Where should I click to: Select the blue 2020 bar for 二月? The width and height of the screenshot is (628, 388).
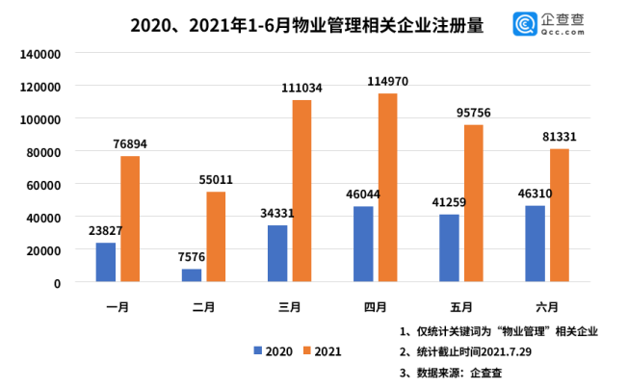[x=192, y=275]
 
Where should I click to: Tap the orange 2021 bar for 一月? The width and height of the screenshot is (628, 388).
[x=130, y=219]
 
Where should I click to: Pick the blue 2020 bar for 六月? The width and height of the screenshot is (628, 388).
[x=535, y=244]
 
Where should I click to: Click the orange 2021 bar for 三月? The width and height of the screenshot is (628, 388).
[x=301, y=191]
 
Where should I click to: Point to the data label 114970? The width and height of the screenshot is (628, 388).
[x=386, y=82]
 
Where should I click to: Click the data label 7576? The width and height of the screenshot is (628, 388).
[x=194, y=257]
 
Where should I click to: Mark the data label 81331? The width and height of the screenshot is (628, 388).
[x=559, y=137]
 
